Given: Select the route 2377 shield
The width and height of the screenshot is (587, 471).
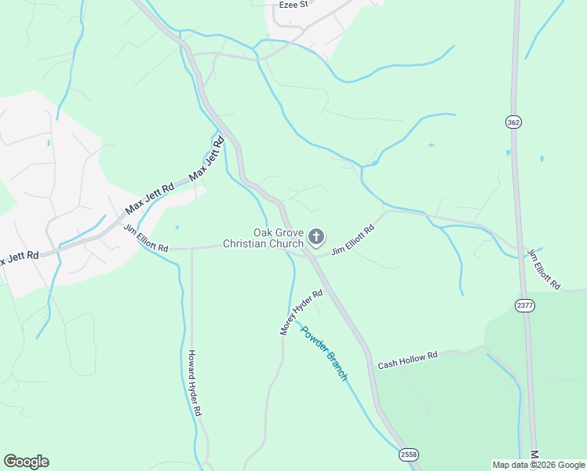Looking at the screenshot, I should [x=525, y=305].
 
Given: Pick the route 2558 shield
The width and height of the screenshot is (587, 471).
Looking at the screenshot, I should [x=408, y=455].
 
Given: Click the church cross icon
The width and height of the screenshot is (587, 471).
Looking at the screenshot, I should [x=316, y=236].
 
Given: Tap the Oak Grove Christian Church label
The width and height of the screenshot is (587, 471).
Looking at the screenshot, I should [x=263, y=238].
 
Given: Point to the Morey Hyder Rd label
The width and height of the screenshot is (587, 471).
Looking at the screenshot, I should [x=302, y=312].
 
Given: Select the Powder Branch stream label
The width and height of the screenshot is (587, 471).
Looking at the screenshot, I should [x=324, y=352].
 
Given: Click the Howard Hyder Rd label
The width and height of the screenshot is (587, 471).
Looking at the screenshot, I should [x=195, y=383].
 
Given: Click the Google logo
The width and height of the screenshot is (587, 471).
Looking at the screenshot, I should [x=26, y=462].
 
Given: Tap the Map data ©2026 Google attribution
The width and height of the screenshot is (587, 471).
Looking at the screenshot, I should [x=538, y=465].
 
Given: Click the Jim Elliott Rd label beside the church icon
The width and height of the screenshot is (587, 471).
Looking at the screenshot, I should [x=352, y=240].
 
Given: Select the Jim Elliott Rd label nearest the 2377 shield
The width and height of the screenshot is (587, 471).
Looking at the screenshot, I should [x=543, y=268].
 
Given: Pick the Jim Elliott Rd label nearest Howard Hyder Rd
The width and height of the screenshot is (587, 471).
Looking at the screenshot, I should [x=146, y=238].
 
